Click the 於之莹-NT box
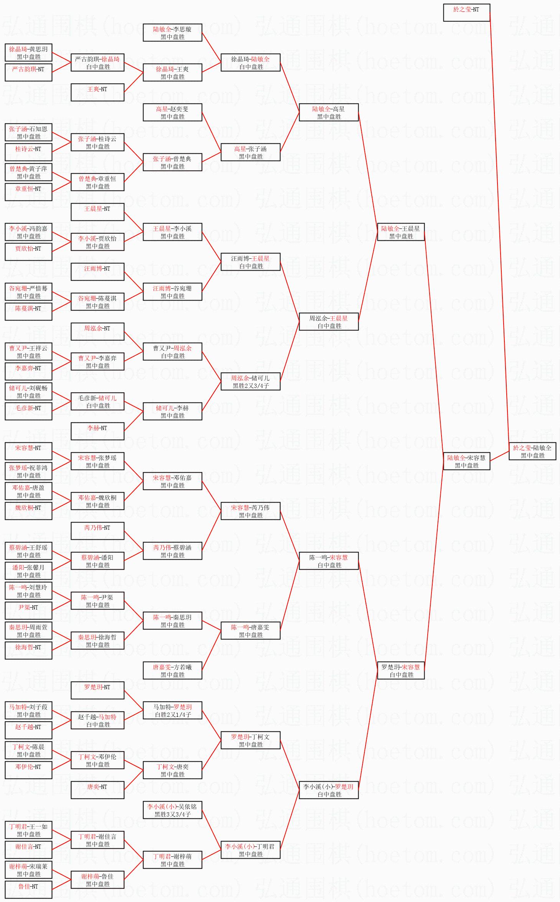(x=466, y=13)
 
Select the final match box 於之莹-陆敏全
(x=532, y=451)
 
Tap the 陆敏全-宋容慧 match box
(x=466, y=461)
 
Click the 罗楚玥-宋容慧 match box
(x=401, y=670)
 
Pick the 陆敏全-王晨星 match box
(x=401, y=232)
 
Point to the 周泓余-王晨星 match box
(x=329, y=322)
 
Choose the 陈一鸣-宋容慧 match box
(x=329, y=561)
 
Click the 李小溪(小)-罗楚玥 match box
(x=329, y=790)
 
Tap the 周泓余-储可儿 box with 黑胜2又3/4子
(x=250, y=381)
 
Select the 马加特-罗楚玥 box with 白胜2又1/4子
(x=173, y=710)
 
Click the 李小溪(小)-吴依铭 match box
(x=173, y=810)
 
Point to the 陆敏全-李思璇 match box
(x=173, y=33)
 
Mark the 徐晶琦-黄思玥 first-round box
(x=28, y=53)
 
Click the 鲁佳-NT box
(x=28, y=890)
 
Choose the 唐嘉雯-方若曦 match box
(x=173, y=670)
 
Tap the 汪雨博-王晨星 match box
(x=250, y=262)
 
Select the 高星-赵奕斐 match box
(x=173, y=112)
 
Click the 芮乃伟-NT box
(x=97, y=531)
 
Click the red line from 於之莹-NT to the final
(x=499, y=230)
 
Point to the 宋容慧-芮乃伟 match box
(x=250, y=511)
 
